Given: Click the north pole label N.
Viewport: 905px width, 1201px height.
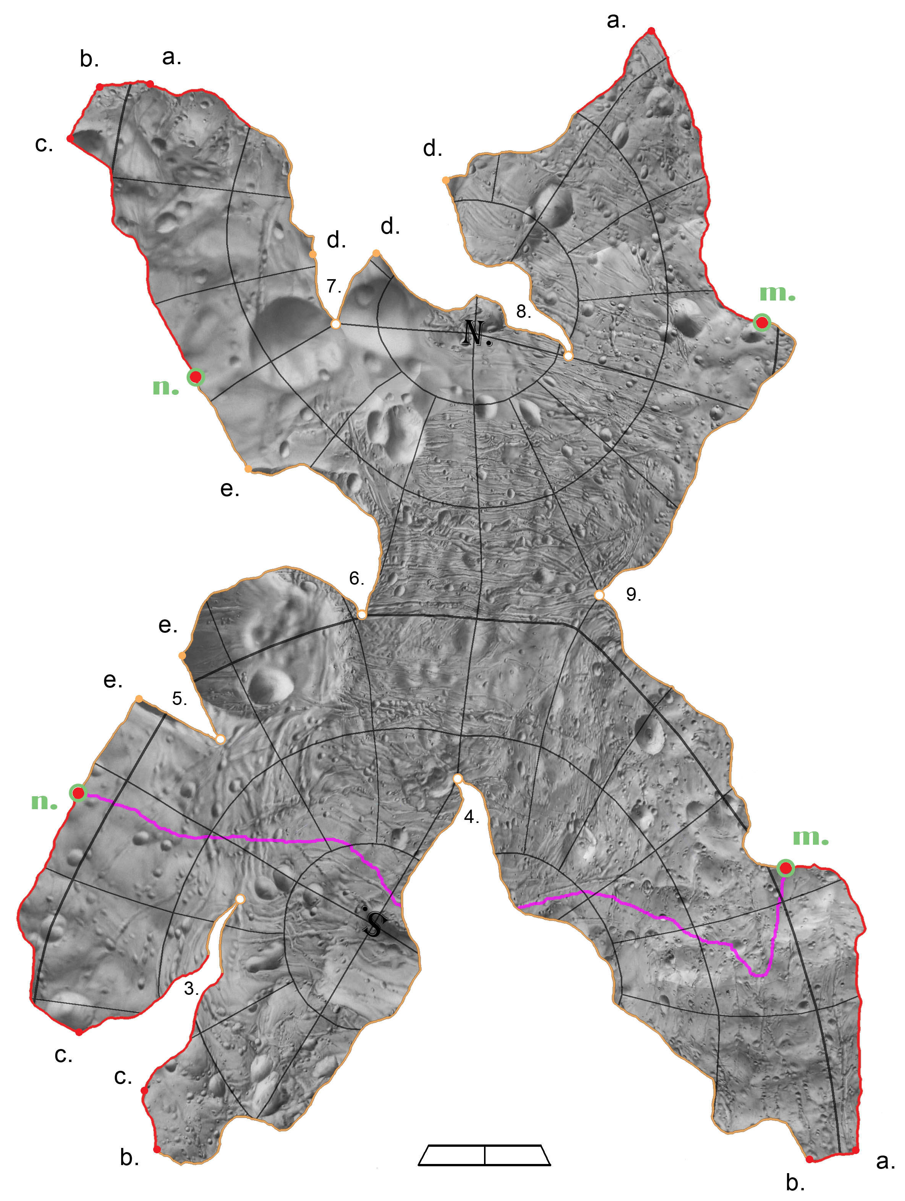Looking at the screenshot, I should pyautogui.click(x=476, y=333).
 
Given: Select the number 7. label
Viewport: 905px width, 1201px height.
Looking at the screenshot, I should pyautogui.click(x=334, y=286).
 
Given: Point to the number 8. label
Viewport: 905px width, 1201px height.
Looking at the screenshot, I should pyautogui.click(x=523, y=312).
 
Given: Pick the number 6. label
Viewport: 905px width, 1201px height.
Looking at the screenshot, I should pyautogui.click(x=356, y=579).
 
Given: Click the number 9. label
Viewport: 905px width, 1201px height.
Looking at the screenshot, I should pyautogui.click(x=633, y=595).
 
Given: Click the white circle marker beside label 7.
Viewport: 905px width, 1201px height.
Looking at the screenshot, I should pyautogui.click(x=336, y=324).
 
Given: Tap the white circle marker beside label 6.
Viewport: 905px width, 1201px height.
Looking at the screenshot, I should pyautogui.click(x=362, y=614).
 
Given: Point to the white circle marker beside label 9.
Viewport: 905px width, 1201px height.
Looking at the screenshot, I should pyautogui.click(x=599, y=595).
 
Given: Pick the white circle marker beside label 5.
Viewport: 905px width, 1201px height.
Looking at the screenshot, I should pyautogui.click(x=220, y=739).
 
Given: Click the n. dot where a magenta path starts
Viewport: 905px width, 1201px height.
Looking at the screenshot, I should pyautogui.click(x=78, y=793).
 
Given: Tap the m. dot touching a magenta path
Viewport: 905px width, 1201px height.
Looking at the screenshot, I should pyautogui.click(x=785, y=868).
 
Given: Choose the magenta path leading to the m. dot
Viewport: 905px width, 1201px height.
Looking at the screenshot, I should pyautogui.click(x=652, y=915).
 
